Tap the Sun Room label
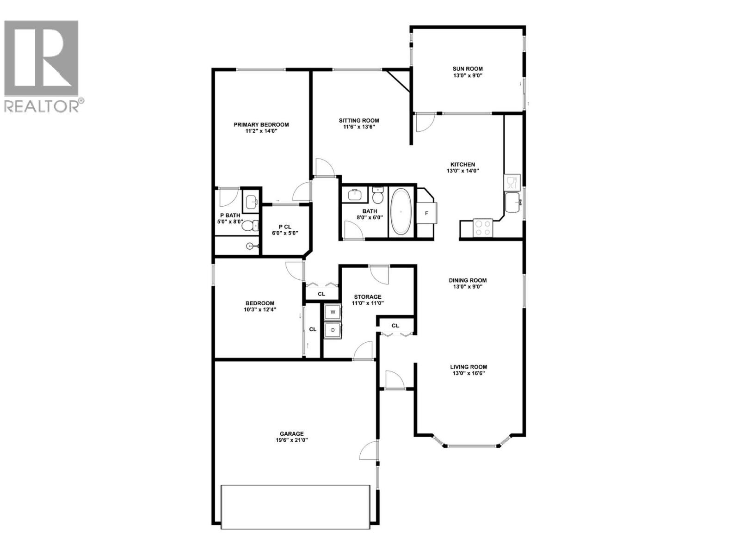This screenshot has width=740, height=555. pos(468,69)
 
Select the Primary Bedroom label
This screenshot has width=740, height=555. pos(261,124)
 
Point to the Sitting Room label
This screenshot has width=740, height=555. pos(359,121)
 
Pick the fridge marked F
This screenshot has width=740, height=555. pos(426,213)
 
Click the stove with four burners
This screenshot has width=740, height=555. pos(483,228)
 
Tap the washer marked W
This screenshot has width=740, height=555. pos(333,313)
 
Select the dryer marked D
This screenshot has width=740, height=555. pos(333,330)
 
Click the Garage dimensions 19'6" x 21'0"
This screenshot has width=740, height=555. pos(291,440)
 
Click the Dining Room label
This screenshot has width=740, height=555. pos(468,280)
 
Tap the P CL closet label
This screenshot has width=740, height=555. pos(284,227)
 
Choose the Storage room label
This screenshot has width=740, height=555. pos(368,297)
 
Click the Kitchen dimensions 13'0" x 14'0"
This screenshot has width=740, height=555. pos(462,171)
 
